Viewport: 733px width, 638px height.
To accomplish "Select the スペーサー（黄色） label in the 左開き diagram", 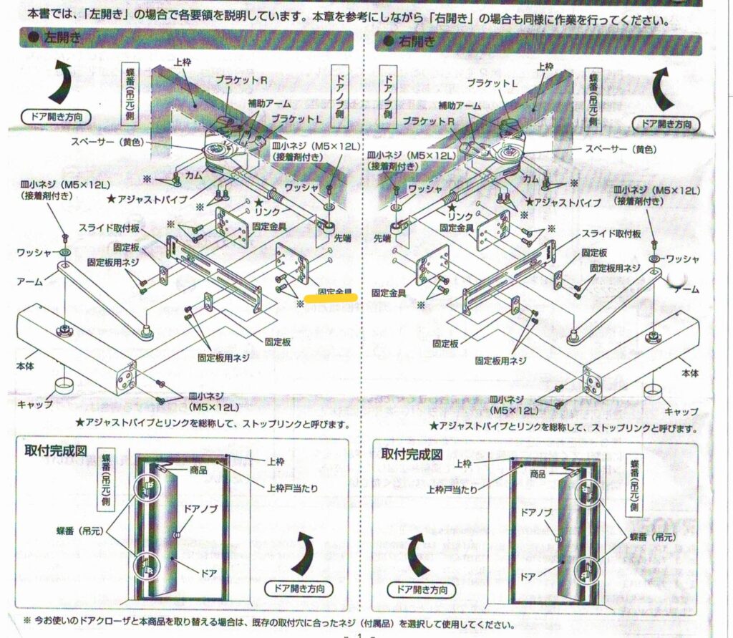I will point(108,142).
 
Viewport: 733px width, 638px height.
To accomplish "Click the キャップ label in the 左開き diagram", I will point(34,405).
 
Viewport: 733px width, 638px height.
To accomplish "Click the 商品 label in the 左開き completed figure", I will point(199,470).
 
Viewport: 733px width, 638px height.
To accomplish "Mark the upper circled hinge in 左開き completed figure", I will point(149,489).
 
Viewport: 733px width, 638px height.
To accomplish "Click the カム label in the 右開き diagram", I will point(531,177).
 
